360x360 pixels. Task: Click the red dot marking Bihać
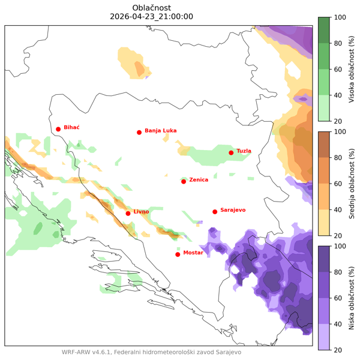click(58, 129)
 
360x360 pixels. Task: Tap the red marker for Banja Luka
click(139, 132)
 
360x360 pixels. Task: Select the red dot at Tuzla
click(231, 152)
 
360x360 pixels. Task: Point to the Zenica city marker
click(184, 181)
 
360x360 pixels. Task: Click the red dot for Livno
click(128, 213)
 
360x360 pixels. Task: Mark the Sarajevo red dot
click(215, 211)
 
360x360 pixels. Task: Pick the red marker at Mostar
click(178, 254)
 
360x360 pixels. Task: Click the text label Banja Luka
click(160, 130)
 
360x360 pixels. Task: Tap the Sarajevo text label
click(233, 210)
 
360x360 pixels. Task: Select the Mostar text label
click(193, 253)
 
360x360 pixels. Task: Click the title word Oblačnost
click(152, 7)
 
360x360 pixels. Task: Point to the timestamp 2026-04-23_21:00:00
click(152, 16)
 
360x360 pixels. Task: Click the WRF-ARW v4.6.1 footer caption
click(151, 352)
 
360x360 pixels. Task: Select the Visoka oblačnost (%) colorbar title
click(352, 69)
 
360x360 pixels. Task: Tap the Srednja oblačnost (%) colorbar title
click(352, 182)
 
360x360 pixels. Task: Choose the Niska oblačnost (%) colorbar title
click(352, 298)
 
